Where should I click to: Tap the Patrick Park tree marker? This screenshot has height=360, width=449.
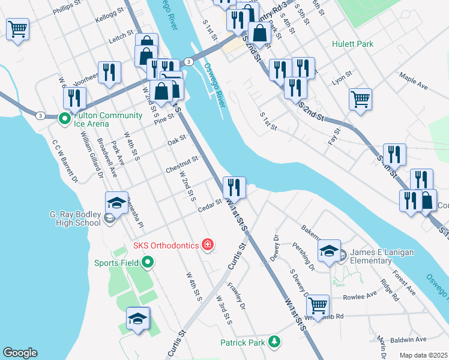pos(274,341)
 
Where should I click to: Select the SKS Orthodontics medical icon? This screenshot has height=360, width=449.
pos(208,244)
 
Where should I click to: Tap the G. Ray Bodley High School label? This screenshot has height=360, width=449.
pos(74,218)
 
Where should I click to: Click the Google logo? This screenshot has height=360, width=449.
pos(19,353)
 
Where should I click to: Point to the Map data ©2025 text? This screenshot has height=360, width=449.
pos(423,355)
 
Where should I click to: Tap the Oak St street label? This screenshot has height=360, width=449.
pos(177,140)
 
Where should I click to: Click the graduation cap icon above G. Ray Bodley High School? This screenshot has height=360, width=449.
pos(116,202)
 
